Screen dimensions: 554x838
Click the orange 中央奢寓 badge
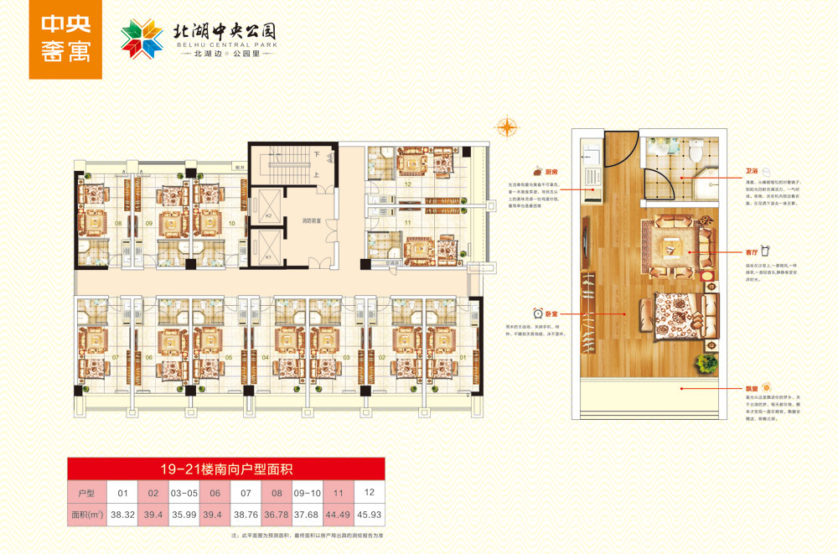coord(65,39)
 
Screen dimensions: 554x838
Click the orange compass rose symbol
coord(506,127)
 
